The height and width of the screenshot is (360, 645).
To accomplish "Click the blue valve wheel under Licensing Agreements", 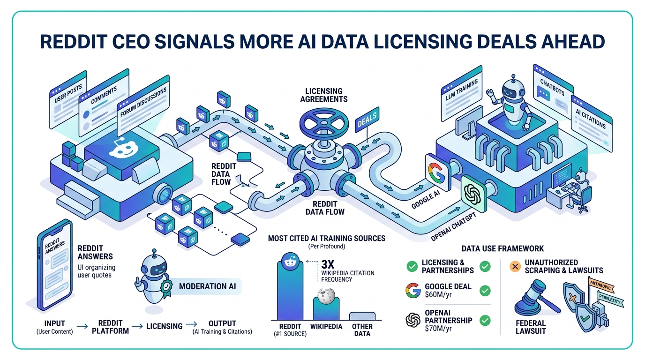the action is (x=323, y=123).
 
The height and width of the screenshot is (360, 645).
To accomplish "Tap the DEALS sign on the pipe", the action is (x=367, y=120).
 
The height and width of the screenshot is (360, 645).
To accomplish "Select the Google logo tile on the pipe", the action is (x=438, y=172).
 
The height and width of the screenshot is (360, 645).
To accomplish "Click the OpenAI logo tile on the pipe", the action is (x=473, y=194).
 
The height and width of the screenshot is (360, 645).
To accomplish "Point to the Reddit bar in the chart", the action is (x=290, y=289).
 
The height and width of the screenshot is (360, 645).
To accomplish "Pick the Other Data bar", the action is (x=362, y=316).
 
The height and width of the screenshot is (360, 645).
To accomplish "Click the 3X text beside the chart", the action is (x=328, y=264).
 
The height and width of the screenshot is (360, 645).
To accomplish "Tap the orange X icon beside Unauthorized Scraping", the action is (x=515, y=266).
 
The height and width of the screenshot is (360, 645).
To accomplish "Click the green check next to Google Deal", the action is (x=485, y=291).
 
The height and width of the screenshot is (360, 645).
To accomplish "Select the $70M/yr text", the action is (x=438, y=328).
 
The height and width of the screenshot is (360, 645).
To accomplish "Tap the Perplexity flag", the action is (x=610, y=300).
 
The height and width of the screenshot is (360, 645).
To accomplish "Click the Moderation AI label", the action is (x=207, y=286).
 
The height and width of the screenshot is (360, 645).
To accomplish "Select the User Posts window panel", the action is (x=68, y=99).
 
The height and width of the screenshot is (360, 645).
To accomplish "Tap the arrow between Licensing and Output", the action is (x=191, y=324).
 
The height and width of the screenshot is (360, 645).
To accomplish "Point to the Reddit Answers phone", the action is (x=55, y=264).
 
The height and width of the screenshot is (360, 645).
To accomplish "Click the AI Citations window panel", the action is (x=592, y=124).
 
